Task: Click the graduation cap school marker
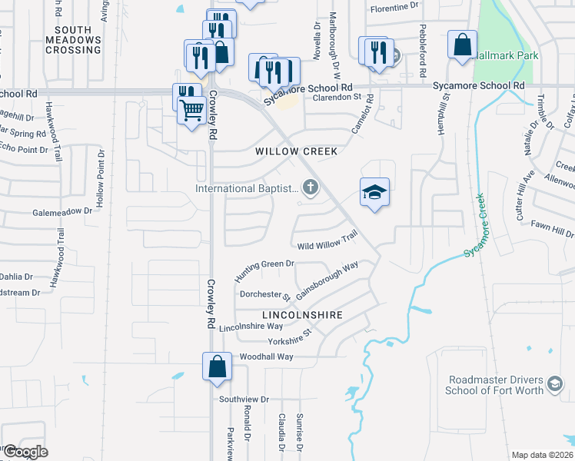pos(374,192)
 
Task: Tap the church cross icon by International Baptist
pos(311,187)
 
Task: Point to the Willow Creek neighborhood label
pos(297,152)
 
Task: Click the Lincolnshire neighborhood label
pos(301,316)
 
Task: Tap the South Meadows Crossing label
pos(73,40)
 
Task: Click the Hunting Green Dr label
pos(265,270)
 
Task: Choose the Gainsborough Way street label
pos(327,280)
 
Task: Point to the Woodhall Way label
pos(267,357)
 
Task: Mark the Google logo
pos(25,452)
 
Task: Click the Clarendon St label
pos(336,98)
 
